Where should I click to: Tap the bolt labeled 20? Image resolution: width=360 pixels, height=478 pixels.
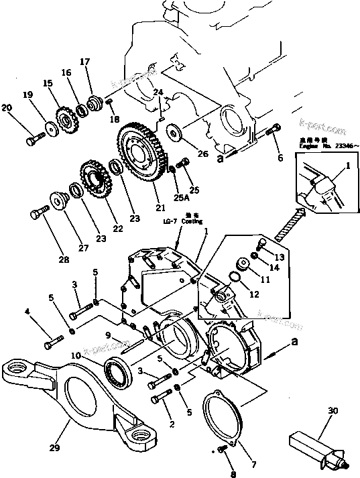click(34, 139)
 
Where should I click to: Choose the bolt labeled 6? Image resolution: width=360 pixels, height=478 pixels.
click(273, 133)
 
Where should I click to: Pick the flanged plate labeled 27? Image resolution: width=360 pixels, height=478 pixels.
click(60, 201)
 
